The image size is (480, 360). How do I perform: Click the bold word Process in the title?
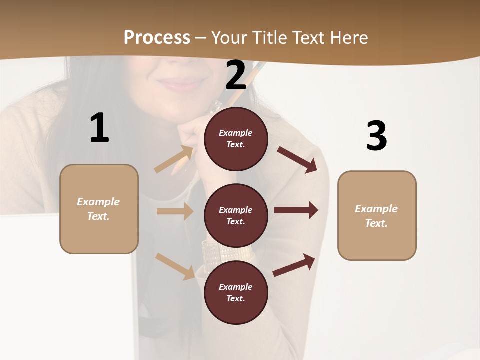157,38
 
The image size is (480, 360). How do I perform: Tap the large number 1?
99,128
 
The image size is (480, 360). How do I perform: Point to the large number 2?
236,75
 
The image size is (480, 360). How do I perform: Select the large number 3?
376,136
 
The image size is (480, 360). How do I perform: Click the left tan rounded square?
99,209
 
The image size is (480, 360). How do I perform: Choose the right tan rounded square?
377,215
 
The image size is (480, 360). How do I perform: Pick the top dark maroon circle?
236,139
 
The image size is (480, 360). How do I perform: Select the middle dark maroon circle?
236,216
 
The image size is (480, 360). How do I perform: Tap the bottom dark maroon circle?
236,292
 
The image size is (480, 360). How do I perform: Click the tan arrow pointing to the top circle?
174,159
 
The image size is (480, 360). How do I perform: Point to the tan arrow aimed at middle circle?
175,211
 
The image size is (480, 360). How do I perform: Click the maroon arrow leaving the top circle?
297,160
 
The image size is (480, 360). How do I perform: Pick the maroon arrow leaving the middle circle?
296,210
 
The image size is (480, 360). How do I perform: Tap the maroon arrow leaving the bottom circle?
294,265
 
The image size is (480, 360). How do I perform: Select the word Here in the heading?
349,38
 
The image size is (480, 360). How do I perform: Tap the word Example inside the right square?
376,209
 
